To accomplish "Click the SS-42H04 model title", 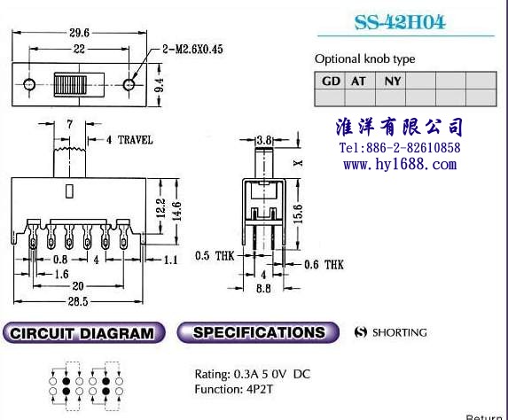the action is pyautogui.click(x=400, y=22).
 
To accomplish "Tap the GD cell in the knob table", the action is pyautogui.click(x=330, y=81).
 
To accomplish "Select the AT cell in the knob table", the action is pyautogui.click(x=359, y=81).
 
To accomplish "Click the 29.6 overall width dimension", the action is pyautogui.click(x=79, y=33).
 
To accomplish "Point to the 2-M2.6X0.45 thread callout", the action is pyautogui.click(x=192, y=50).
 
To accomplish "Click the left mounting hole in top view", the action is pyautogui.click(x=29, y=84).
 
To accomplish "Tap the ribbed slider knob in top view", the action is pyautogui.click(x=70, y=85).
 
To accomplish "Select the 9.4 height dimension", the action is pyautogui.click(x=159, y=85).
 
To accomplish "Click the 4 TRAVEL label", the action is pyautogui.click(x=129, y=140).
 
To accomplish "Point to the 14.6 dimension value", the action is pyautogui.click(x=177, y=211).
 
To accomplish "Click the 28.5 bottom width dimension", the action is pyautogui.click(x=78, y=301).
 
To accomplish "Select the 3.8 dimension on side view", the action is pyautogui.click(x=264, y=140).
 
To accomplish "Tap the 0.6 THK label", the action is pyautogui.click(x=324, y=265).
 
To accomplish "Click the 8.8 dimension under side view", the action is pyautogui.click(x=263, y=288).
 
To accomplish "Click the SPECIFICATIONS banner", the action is pyautogui.click(x=258, y=332).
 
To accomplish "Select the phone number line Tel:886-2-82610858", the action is pyautogui.click(x=400, y=148).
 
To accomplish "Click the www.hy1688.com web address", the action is pyautogui.click(x=400, y=164).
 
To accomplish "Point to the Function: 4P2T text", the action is pyautogui.click(x=233, y=389).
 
